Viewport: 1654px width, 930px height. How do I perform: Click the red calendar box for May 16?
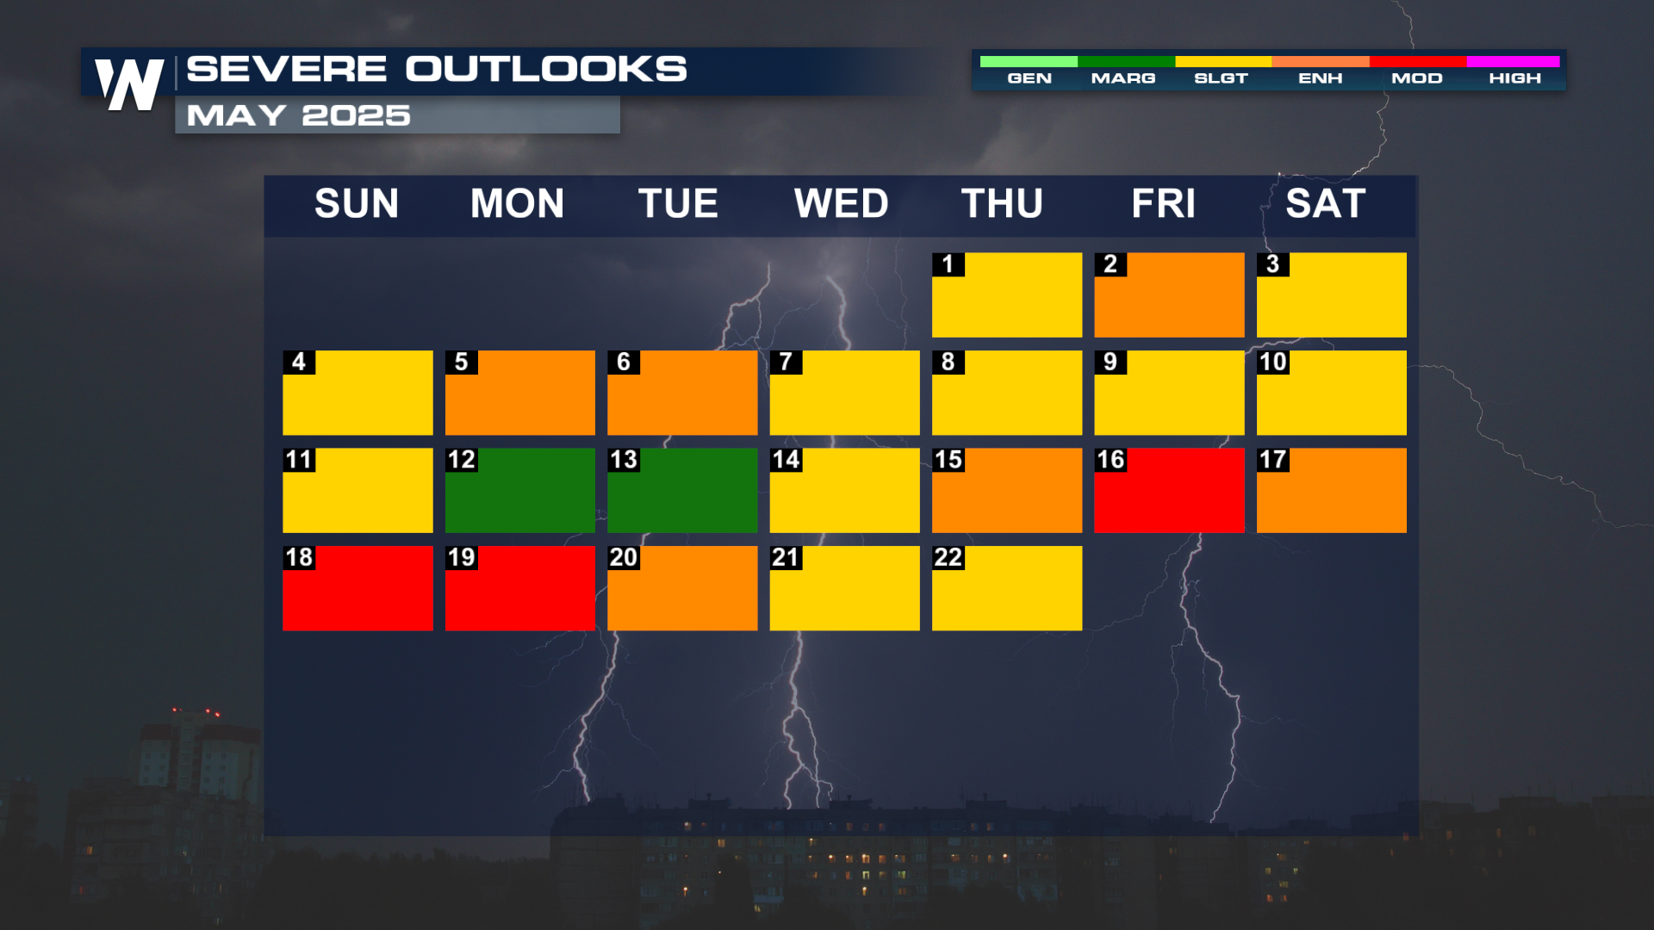click(1169, 490)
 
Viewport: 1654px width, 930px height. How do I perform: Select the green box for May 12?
click(520, 490)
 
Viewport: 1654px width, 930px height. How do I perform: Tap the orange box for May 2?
click(1169, 294)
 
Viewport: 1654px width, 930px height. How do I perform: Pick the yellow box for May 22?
click(1007, 588)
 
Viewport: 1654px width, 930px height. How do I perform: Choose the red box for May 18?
click(358, 588)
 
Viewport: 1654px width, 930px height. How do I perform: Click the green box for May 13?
click(682, 490)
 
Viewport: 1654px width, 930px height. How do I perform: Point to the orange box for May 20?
click(682, 588)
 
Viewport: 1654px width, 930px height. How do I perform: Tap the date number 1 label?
click(948, 264)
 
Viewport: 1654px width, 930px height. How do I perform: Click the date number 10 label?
click(1273, 362)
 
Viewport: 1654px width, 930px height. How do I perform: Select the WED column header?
click(841, 204)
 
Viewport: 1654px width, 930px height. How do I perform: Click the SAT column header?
click(1326, 204)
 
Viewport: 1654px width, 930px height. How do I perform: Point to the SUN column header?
click(357, 204)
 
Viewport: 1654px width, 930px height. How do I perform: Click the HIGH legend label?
click(1514, 78)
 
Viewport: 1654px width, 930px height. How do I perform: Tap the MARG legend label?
click(1123, 78)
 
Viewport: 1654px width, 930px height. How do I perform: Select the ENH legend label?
click(1321, 78)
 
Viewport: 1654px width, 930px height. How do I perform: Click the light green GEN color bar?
click(1029, 61)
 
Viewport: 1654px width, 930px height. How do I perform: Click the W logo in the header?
click(129, 84)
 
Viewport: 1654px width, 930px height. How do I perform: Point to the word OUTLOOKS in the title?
click(546, 69)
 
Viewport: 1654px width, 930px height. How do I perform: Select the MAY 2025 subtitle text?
click(298, 115)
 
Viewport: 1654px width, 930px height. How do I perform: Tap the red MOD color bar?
click(1418, 61)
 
